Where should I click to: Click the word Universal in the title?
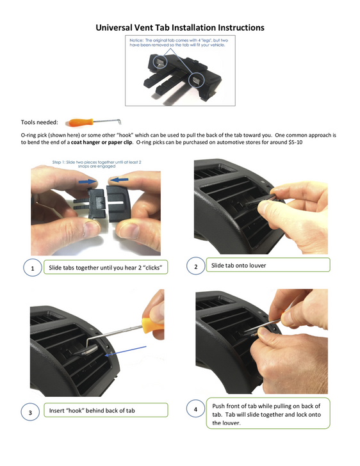click(x=117, y=28)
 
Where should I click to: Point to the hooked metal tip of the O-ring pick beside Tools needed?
click(x=119, y=120)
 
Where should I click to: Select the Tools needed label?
click(x=39, y=122)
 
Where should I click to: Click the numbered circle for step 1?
click(x=32, y=268)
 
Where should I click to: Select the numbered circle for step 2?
click(x=195, y=265)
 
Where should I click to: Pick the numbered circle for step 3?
click(x=31, y=412)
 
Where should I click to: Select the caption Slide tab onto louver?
click(x=238, y=265)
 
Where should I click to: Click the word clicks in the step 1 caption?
click(x=149, y=268)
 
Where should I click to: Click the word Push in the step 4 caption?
click(x=220, y=406)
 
